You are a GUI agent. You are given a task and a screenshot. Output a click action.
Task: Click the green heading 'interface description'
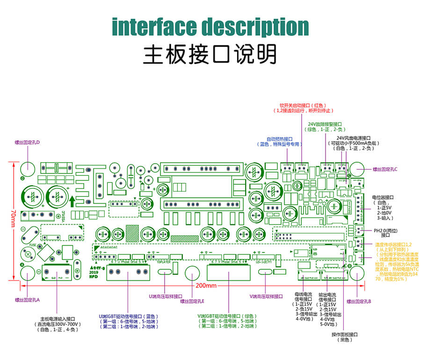click(x=210, y=27)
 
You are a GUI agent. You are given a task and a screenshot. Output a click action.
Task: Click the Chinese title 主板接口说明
click(x=210, y=54)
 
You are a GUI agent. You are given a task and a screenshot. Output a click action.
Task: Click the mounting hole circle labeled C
click(x=358, y=169)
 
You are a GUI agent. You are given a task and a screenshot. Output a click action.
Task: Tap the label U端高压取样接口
click(x=166, y=296)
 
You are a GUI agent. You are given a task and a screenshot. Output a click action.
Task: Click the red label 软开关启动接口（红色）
click(x=302, y=106)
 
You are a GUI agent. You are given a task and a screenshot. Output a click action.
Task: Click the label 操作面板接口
click(x=345, y=334)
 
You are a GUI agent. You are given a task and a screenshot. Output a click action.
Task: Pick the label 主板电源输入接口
click(x=58, y=318)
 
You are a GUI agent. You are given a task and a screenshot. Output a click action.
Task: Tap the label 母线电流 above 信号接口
click(x=304, y=294)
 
